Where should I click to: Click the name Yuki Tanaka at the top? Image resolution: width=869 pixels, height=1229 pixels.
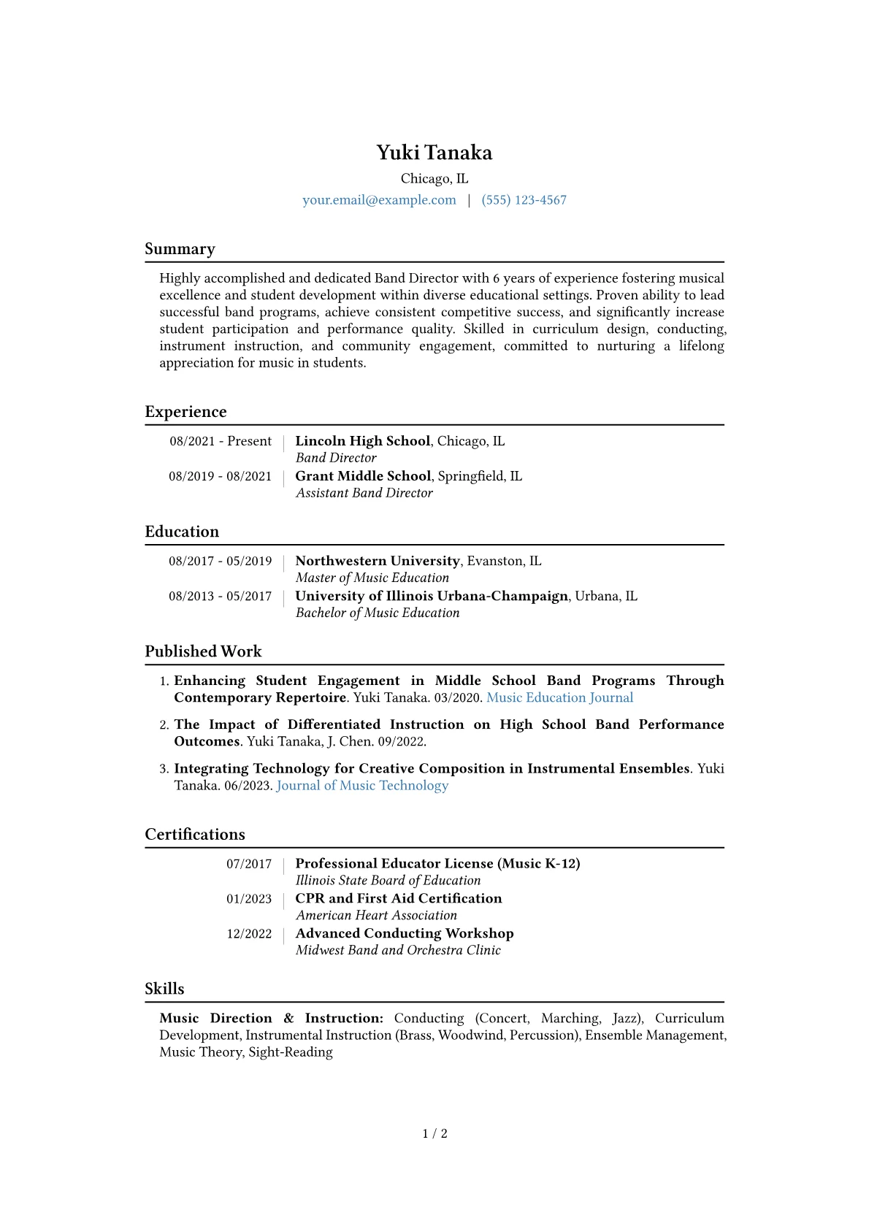[434, 153]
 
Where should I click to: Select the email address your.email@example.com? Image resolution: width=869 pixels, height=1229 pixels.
[379, 200]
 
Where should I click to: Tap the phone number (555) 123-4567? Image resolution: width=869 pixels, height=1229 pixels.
[524, 200]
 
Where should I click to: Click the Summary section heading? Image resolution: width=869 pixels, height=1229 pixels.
[180, 249]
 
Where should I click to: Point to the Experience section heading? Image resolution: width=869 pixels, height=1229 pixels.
[185, 412]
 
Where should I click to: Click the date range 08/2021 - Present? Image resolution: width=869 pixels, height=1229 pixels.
[221, 441]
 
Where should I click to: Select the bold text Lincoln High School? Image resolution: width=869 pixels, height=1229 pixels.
[362, 441]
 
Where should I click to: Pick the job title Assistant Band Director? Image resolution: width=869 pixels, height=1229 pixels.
[364, 493]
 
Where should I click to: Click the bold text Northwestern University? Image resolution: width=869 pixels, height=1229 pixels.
[378, 561]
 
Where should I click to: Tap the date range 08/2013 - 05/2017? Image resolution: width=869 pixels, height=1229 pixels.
[220, 596]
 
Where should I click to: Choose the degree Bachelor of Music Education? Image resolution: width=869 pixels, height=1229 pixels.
[378, 613]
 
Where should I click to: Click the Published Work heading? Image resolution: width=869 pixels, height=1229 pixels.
[203, 651]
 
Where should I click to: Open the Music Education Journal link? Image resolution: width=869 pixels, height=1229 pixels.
[559, 697]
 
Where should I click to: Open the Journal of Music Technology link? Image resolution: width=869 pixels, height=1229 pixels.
[362, 785]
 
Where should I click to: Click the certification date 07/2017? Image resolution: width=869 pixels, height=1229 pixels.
[248, 864]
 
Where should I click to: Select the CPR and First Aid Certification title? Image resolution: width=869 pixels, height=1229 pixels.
[399, 898]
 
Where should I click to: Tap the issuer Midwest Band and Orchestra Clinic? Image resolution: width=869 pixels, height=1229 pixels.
[398, 950]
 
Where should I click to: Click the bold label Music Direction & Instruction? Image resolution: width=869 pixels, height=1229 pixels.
[271, 1018]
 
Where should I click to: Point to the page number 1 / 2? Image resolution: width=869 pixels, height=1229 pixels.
[434, 1133]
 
